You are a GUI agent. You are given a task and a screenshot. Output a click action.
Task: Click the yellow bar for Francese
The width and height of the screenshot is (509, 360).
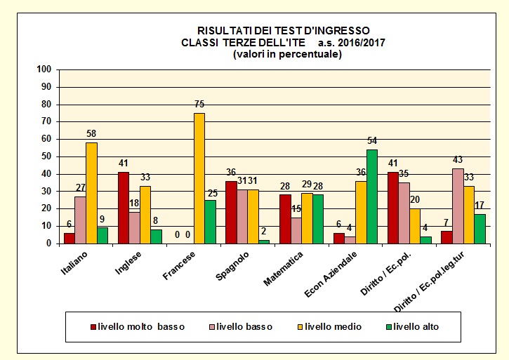click(x=199, y=178)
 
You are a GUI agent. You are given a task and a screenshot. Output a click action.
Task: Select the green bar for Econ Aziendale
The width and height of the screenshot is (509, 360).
click(x=372, y=196)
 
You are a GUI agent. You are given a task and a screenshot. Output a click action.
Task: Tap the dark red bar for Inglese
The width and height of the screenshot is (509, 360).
click(x=123, y=208)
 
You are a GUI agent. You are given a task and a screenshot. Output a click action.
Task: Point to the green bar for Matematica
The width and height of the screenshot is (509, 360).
click(x=318, y=219)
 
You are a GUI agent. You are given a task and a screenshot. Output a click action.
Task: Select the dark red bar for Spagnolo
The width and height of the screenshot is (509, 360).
click(x=231, y=212)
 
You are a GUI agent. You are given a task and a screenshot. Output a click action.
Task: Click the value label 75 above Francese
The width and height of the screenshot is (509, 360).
click(x=199, y=105)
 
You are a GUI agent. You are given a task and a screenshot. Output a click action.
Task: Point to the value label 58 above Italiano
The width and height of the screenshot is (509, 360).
click(x=91, y=135)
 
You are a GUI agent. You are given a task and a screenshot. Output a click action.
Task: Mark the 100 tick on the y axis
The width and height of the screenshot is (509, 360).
click(x=45, y=69)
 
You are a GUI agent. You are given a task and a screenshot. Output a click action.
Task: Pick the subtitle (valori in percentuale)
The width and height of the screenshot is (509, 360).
click(x=287, y=54)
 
